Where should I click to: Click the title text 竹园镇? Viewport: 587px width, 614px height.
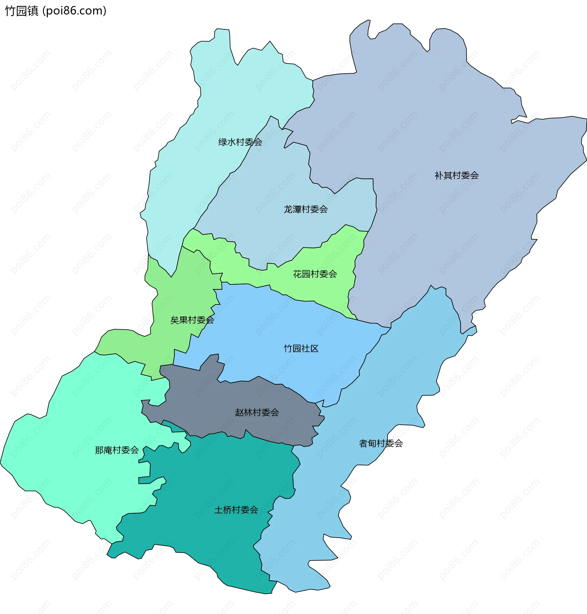coord(22,11)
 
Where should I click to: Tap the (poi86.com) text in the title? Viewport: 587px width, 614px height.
coord(75,11)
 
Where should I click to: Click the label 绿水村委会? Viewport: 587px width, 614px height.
coord(240,142)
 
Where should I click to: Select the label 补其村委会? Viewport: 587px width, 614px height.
coord(456,175)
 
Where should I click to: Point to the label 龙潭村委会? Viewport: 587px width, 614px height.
coord(305,209)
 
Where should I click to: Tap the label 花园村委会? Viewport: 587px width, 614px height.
coord(315,274)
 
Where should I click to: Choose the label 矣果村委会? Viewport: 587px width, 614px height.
coord(192,320)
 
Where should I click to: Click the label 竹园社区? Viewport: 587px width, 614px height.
coord(301,349)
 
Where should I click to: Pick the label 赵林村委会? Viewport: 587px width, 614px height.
coord(257,412)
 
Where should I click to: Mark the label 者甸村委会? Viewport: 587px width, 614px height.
coord(381,443)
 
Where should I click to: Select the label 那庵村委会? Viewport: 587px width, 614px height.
coord(117,450)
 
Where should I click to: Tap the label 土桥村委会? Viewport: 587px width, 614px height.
coord(236,510)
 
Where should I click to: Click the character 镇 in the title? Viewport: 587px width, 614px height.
coord(33,11)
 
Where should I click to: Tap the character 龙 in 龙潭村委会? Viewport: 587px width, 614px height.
coord(288,209)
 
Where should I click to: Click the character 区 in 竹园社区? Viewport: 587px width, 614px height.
coord(314,349)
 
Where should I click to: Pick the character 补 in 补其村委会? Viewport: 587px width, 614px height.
coord(439,175)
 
